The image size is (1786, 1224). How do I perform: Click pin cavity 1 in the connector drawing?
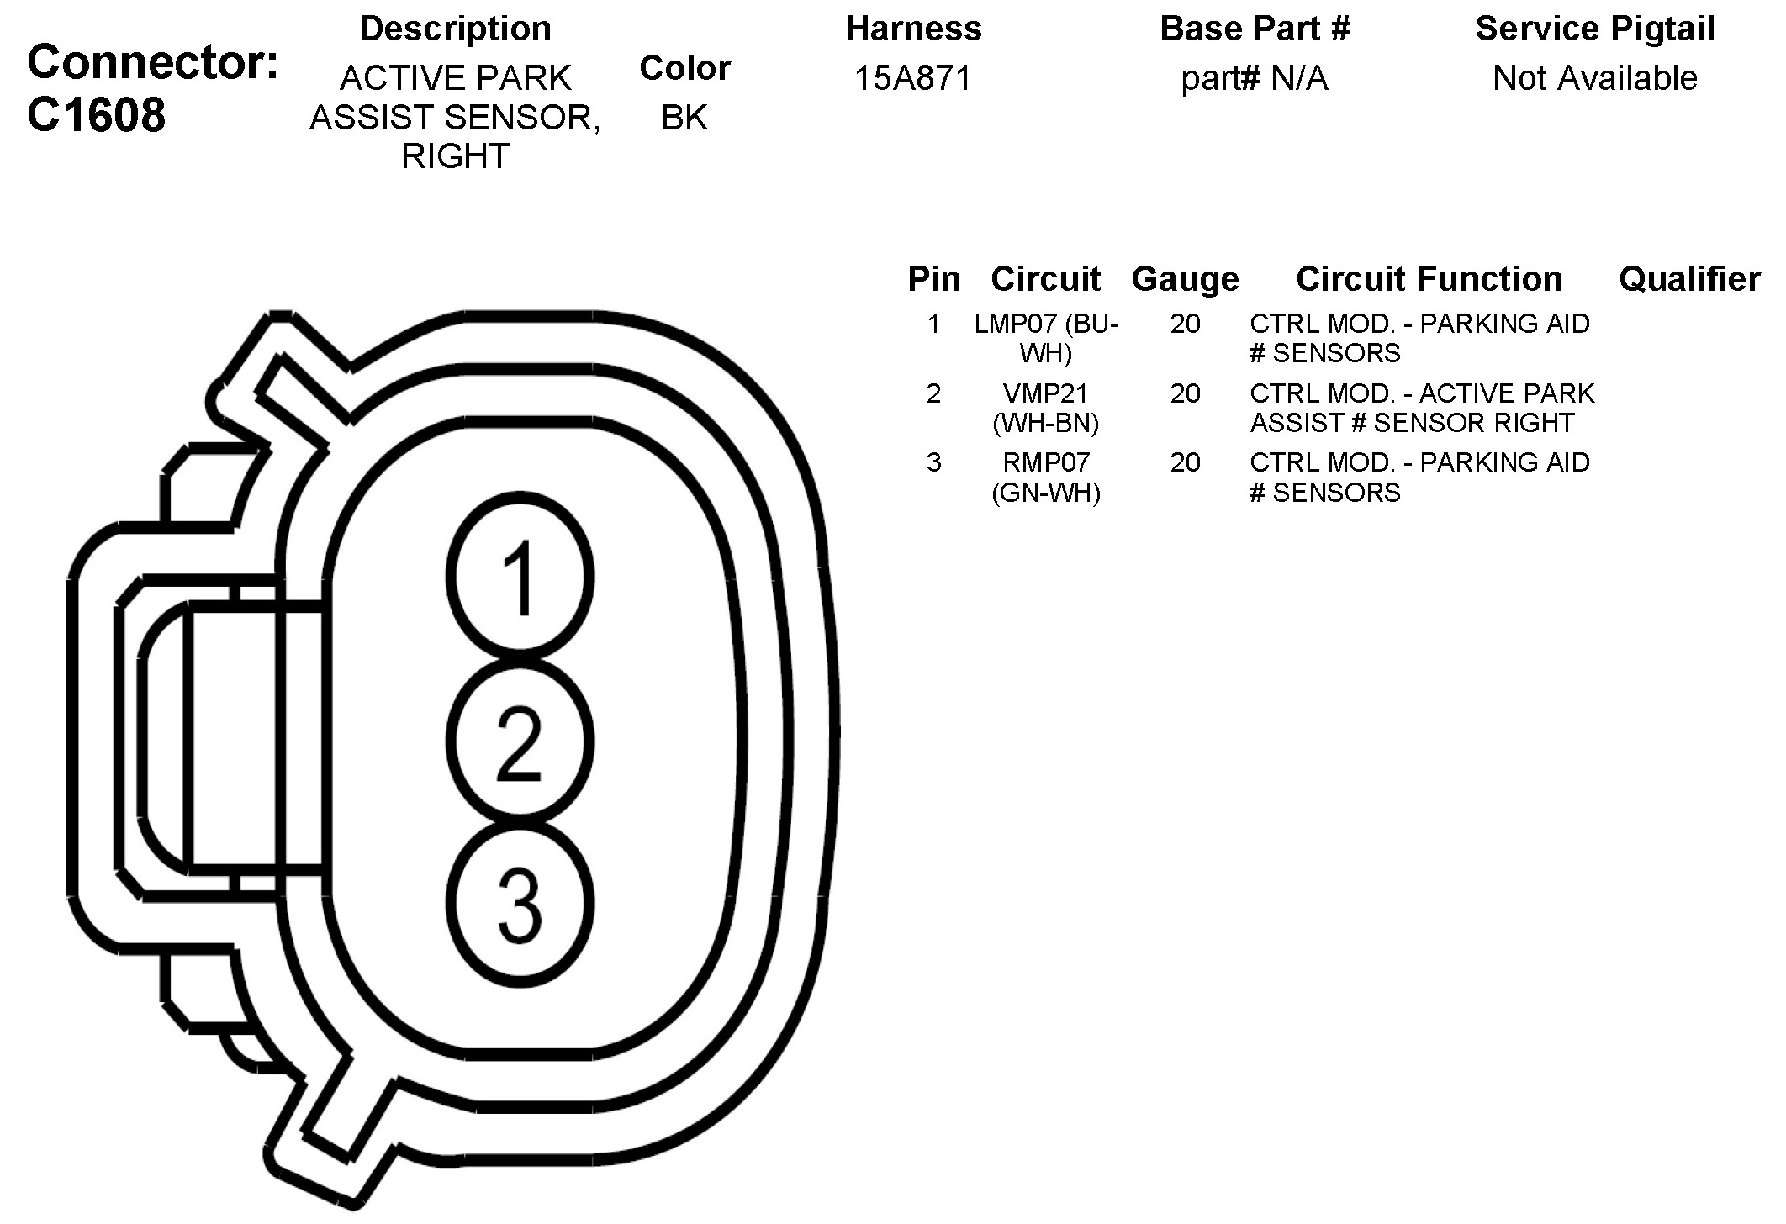click(x=520, y=577)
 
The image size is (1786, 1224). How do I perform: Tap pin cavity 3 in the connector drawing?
click(x=520, y=905)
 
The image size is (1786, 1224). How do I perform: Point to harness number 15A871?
click(x=913, y=78)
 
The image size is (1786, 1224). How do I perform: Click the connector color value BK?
click(x=684, y=117)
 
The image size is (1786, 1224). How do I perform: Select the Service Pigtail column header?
click(x=1594, y=29)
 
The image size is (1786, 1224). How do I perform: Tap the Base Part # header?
click(x=1255, y=29)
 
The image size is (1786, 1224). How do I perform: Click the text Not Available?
click(x=1594, y=78)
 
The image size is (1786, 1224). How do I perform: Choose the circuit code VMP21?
click(x=1046, y=393)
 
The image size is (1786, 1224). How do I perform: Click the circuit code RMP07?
click(x=1046, y=462)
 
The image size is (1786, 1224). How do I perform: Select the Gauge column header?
click(x=1185, y=278)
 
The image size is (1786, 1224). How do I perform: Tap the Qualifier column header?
click(x=1689, y=278)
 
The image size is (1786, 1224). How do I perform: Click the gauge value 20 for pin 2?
click(x=1185, y=393)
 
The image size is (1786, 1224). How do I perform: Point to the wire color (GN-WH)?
click(x=1046, y=492)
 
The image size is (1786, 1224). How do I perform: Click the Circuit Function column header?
click(x=1429, y=278)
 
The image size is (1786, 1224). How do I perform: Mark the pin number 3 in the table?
click(x=933, y=462)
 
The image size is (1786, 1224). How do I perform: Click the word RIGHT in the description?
click(x=455, y=156)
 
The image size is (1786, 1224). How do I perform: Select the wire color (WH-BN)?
click(x=1046, y=423)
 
